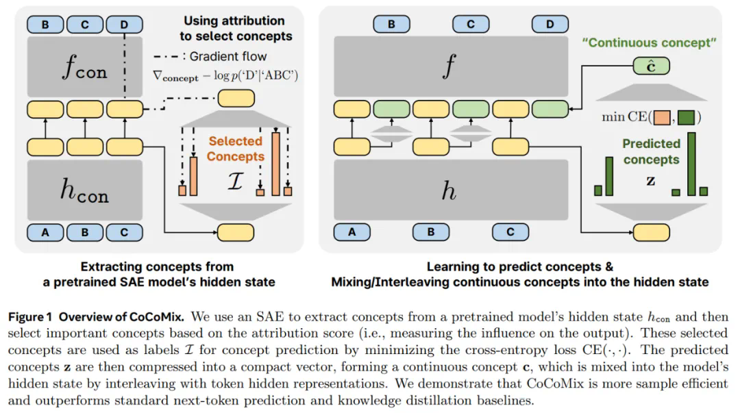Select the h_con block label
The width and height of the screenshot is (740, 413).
pyautogui.click(x=84, y=188)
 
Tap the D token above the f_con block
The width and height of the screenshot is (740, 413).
pyautogui.click(x=123, y=25)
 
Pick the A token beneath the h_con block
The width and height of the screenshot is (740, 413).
pyautogui.click(x=45, y=231)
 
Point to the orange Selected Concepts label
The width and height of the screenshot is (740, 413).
pyautogui.click(x=236, y=149)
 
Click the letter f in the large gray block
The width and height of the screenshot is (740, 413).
pyautogui.click(x=449, y=66)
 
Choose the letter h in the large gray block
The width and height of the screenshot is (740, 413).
pyautogui.click(x=449, y=190)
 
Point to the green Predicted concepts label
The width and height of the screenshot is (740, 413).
pyautogui.click(x=651, y=151)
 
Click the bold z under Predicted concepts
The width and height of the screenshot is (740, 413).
pyautogui.click(x=650, y=182)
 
